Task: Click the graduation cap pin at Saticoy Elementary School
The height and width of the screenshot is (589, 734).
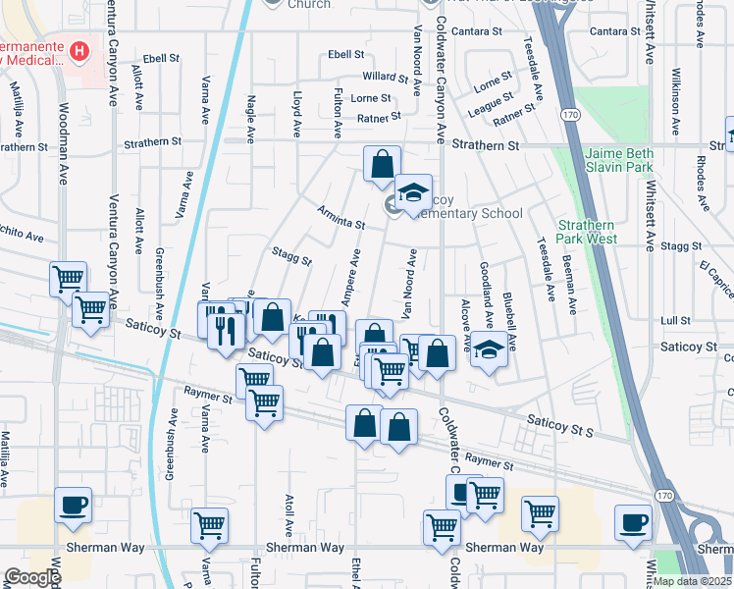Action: pos(413,189)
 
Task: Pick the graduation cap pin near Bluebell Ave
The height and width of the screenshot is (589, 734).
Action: pos(488,349)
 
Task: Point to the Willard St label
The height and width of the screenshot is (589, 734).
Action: pos(384,76)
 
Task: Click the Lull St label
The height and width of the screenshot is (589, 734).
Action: pos(675,321)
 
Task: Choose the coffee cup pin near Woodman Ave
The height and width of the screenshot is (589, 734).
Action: pos(74,505)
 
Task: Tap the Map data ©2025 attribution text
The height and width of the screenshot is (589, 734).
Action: pos(692,581)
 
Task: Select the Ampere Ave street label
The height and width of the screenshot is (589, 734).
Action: pos(345,282)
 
